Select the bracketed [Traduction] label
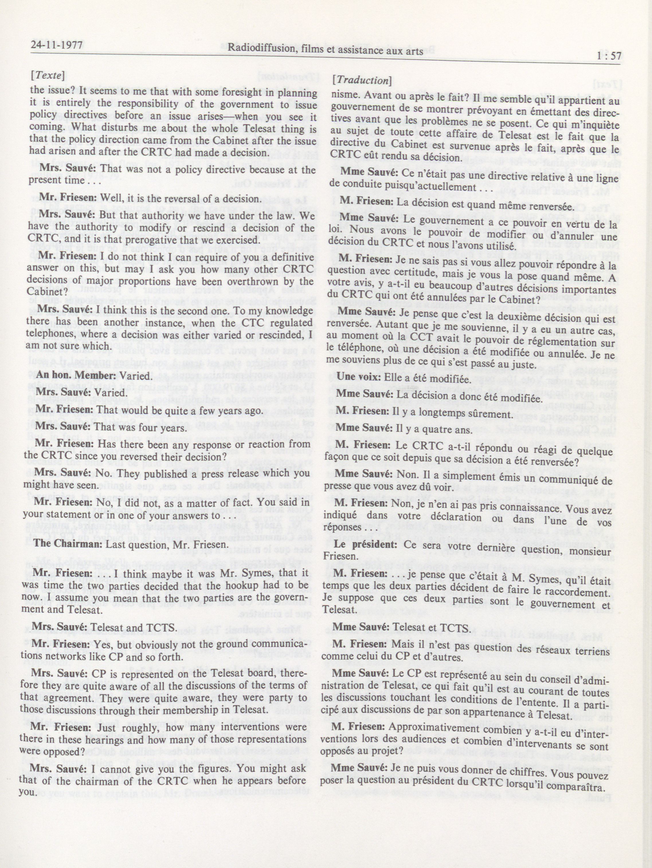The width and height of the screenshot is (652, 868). click(362, 81)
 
